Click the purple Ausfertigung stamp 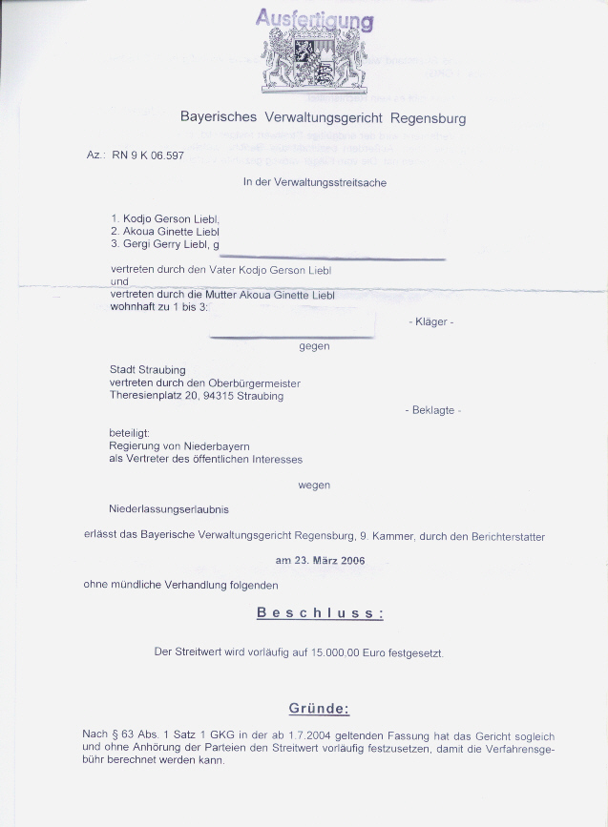point(315,19)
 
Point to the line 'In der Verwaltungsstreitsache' point(314,182)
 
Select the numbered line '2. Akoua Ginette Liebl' point(165,231)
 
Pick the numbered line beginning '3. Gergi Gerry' point(164,244)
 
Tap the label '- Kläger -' point(431,322)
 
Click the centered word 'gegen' point(314,346)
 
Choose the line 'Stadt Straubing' point(148,370)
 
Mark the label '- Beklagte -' point(432,410)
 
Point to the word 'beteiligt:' point(129,432)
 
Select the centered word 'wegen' point(314,485)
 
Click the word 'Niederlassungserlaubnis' point(169,509)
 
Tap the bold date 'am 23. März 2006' point(320,561)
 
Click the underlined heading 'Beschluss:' point(320,612)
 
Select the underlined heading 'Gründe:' point(320,709)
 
